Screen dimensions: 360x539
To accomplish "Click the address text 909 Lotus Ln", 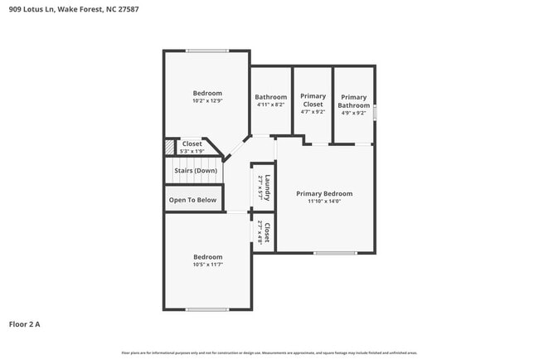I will (34, 11).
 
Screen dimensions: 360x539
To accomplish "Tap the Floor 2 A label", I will (25, 324).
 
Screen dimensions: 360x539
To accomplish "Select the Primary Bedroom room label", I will (324, 193).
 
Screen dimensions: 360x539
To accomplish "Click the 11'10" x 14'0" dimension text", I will (324, 201).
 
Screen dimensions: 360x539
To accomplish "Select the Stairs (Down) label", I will (195, 171).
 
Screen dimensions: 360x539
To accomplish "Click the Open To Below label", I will (192, 200).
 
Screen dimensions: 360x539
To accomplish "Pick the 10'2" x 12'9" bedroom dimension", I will (207, 101).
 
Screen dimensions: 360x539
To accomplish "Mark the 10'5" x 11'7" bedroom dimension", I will (207, 265).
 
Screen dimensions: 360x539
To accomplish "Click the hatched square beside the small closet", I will (169, 148).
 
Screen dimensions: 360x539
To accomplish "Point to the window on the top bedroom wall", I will (207, 51).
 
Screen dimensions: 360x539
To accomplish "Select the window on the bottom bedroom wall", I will (207, 309).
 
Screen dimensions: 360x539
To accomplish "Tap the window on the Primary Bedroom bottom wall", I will (335, 252).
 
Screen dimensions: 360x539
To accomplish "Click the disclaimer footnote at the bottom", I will (269, 353).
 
